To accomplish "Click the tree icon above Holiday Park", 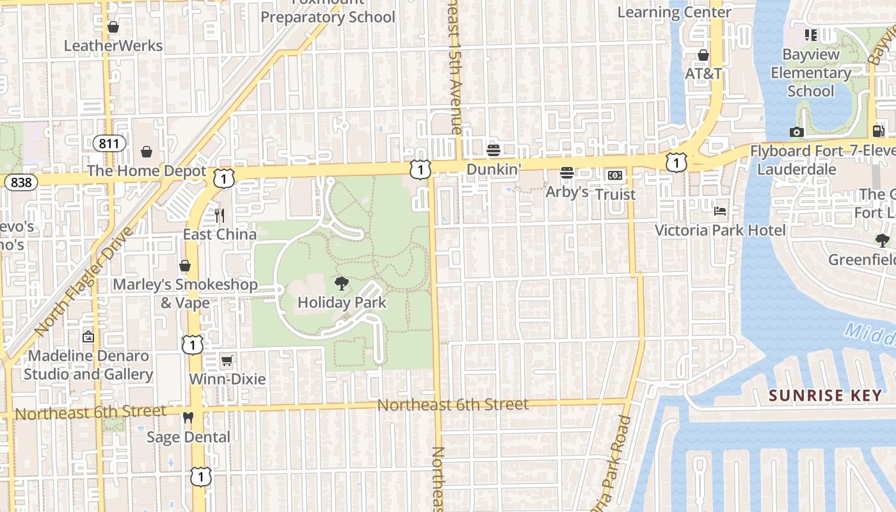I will click(342, 284).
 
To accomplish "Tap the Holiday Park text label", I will click(342, 302).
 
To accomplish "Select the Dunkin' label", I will click(493, 170).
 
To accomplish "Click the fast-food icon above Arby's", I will click(566, 173).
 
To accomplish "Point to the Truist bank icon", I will click(615, 175).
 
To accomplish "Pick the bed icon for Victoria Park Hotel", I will click(720, 211).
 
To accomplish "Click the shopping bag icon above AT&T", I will click(703, 55).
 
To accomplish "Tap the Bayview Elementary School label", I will click(811, 73).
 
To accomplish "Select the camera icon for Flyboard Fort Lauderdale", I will click(796, 132).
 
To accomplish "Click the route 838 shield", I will click(20, 182).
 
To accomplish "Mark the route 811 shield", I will click(109, 143).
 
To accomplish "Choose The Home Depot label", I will click(147, 171).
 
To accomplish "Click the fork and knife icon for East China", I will click(220, 215).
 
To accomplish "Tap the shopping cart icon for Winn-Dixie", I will click(227, 360).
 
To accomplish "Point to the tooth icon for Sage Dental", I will click(188, 418).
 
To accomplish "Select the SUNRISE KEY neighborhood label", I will click(826, 396).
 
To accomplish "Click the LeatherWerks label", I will click(113, 46).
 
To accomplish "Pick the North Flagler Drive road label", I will click(84, 282).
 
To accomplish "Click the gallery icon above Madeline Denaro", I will click(88, 336).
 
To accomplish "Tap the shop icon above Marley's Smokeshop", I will click(185, 266).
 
